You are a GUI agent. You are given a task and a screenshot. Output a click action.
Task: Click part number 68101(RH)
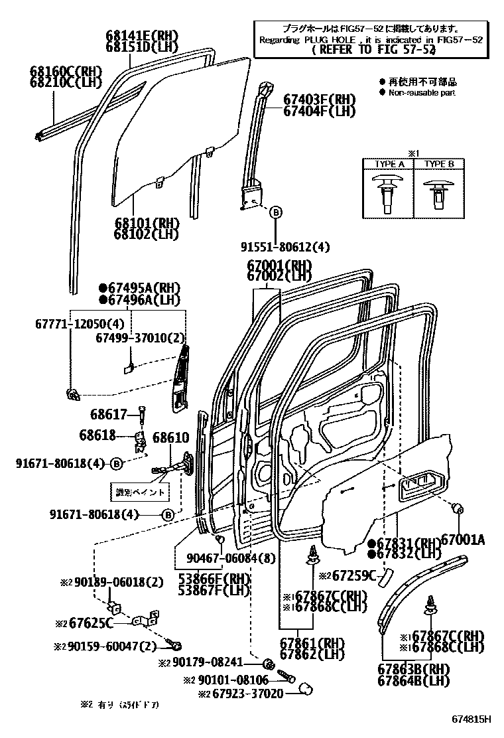(147, 222)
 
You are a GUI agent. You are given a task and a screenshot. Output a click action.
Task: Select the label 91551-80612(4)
(285, 248)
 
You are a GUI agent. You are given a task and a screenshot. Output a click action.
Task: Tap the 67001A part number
(463, 540)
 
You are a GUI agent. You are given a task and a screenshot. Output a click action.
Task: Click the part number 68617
(109, 415)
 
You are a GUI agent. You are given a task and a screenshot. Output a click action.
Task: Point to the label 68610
(171, 438)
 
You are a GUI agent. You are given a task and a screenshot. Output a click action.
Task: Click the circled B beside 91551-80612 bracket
(277, 212)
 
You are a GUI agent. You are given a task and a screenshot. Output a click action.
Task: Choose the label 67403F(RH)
(320, 100)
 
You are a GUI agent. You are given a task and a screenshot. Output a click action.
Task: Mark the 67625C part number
(89, 623)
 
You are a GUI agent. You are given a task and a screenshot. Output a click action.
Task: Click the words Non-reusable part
(422, 93)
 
